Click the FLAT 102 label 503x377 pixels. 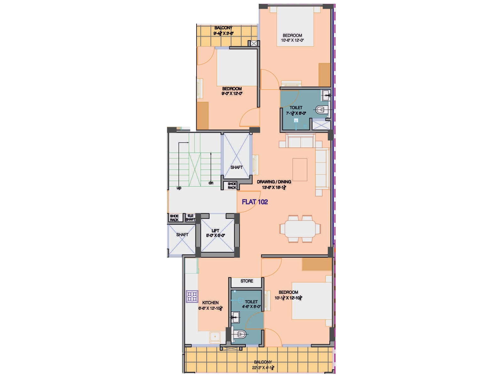[x=255, y=202]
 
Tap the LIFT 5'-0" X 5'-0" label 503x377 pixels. [x=215, y=233]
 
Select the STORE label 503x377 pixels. [x=247, y=281]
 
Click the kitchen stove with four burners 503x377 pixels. [x=192, y=296]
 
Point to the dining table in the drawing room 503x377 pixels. [x=300, y=228]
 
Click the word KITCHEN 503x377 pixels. [x=210, y=303]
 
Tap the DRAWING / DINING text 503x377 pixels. [x=274, y=182]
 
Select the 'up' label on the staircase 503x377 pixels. [x=179, y=188]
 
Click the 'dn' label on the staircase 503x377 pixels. [x=211, y=183]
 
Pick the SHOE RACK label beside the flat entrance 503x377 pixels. [x=232, y=186]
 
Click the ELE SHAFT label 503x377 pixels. [x=190, y=217]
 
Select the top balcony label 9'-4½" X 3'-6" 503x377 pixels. [x=223, y=33]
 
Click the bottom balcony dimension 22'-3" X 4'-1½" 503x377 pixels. [x=263, y=368]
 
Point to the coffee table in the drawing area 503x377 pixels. [x=300, y=169]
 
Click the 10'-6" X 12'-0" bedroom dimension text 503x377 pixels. [x=292, y=40]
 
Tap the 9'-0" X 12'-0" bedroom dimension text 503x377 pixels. [x=232, y=93]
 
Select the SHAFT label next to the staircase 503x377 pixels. [x=236, y=167]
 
